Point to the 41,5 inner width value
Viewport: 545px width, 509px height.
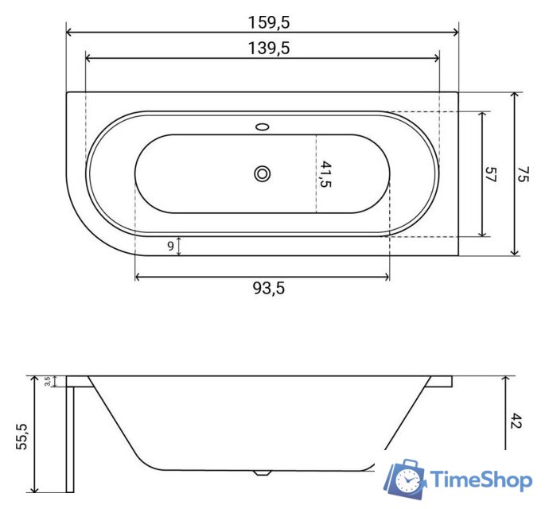[x=325, y=173]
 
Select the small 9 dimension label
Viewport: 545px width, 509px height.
[x=171, y=246]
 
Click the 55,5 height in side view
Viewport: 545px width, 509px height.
[x=21, y=436]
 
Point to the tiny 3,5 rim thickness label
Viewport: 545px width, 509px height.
[x=48, y=382]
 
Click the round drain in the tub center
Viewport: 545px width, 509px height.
[x=262, y=173]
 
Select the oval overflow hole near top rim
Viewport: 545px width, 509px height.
[x=262, y=126]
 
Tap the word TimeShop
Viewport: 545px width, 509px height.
[x=481, y=480]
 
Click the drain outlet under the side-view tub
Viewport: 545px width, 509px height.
[x=261, y=472]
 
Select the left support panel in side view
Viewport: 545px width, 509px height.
[x=70, y=437]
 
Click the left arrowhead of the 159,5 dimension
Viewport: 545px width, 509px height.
[x=68, y=32]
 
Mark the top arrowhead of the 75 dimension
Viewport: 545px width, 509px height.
[x=516, y=95]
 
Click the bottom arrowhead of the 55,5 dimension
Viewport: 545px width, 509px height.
[x=35, y=489]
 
